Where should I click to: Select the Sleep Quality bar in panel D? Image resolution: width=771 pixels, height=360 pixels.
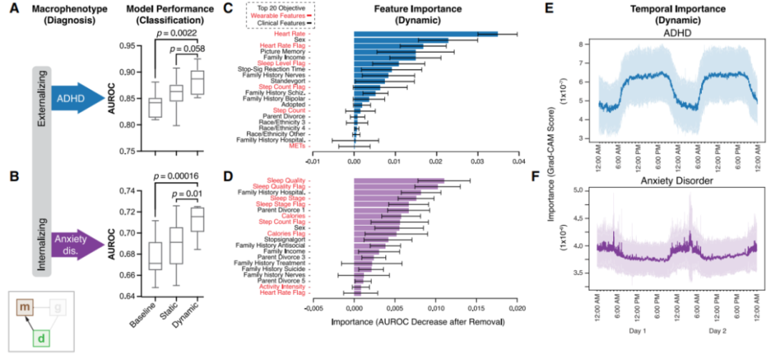point(399,181)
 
